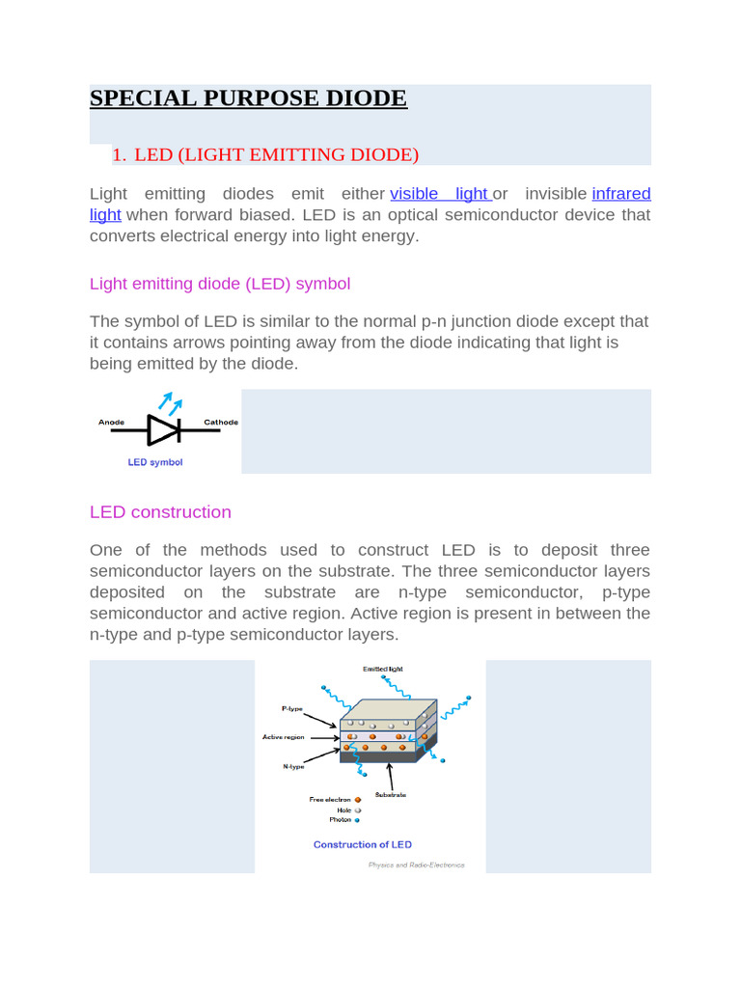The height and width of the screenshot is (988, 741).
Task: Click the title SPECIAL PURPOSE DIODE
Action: click(248, 98)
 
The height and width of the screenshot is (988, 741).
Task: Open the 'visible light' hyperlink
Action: click(439, 194)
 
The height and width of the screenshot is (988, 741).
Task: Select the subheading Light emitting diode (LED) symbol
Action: click(219, 284)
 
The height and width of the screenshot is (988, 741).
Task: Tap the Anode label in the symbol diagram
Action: click(113, 423)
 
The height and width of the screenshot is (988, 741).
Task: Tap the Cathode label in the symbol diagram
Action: click(221, 423)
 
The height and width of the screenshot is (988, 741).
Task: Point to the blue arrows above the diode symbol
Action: click(170, 403)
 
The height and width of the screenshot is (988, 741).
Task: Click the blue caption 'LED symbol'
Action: click(155, 462)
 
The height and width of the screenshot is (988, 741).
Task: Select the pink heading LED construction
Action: click(160, 512)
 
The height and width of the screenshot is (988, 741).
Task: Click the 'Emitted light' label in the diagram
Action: click(383, 669)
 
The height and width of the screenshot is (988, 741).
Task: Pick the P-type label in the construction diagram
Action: click(292, 709)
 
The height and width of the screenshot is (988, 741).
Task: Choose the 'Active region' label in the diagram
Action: click(284, 737)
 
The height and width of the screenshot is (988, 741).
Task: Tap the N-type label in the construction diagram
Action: click(293, 767)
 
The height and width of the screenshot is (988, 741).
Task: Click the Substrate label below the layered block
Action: click(390, 795)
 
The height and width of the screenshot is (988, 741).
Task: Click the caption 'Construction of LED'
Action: click(363, 845)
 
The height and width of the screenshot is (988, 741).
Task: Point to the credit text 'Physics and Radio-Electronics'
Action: click(416, 865)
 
